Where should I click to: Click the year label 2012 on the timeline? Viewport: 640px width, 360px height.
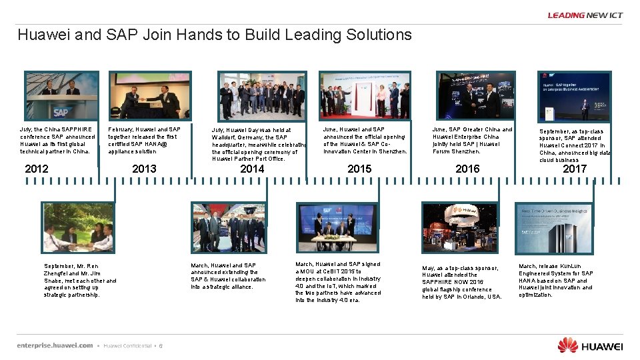(36, 169)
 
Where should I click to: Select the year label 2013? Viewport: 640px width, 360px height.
(144, 169)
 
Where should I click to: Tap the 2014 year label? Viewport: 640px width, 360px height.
(252, 169)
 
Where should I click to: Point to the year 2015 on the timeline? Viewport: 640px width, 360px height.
(359, 169)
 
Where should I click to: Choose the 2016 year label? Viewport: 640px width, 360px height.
(467, 169)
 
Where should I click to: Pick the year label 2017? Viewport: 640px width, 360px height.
(575, 169)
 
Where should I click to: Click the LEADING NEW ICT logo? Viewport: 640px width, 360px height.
(585, 15)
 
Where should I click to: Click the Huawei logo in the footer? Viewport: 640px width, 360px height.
(591, 345)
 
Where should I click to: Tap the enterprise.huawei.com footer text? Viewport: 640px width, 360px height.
(55, 345)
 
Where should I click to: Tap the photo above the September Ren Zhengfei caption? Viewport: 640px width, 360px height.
(77, 227)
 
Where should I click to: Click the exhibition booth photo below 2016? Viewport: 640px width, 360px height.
(459, 227)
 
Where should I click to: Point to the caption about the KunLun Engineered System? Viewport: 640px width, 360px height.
(556, 280)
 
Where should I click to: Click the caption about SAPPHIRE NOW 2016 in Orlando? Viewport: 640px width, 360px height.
(461, 282)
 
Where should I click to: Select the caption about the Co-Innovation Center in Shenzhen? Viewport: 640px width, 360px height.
(365, 140)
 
